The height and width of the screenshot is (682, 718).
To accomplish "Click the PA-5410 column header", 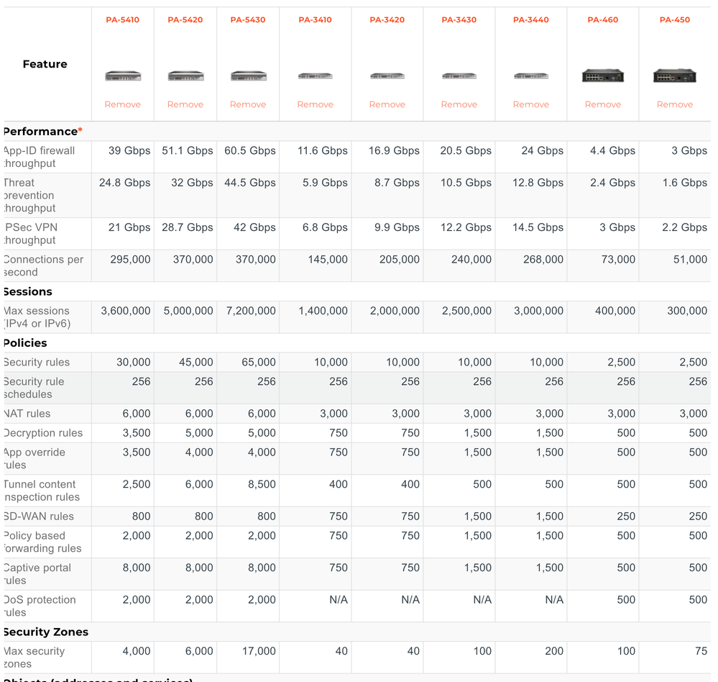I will point(122,19).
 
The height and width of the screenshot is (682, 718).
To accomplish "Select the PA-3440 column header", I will point(530,19).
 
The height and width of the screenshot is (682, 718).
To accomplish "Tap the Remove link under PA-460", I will point(602,104).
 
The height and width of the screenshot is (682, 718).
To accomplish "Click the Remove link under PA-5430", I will point(247,104).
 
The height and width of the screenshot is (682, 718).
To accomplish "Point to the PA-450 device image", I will point(674,75).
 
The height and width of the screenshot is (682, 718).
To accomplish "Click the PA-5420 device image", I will point(185,76).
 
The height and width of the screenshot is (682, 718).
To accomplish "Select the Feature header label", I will point(45,64).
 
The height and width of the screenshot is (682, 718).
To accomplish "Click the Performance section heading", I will point(42,131).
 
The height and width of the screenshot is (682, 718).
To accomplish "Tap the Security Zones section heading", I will point(46,632).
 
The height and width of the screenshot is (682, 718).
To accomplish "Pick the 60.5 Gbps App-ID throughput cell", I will point(249,150).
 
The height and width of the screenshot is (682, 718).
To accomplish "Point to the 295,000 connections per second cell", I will point(130,259).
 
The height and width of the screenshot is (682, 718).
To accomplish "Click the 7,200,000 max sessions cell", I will point(249,311).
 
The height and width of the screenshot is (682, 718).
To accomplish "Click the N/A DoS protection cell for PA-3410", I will point(338,599).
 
